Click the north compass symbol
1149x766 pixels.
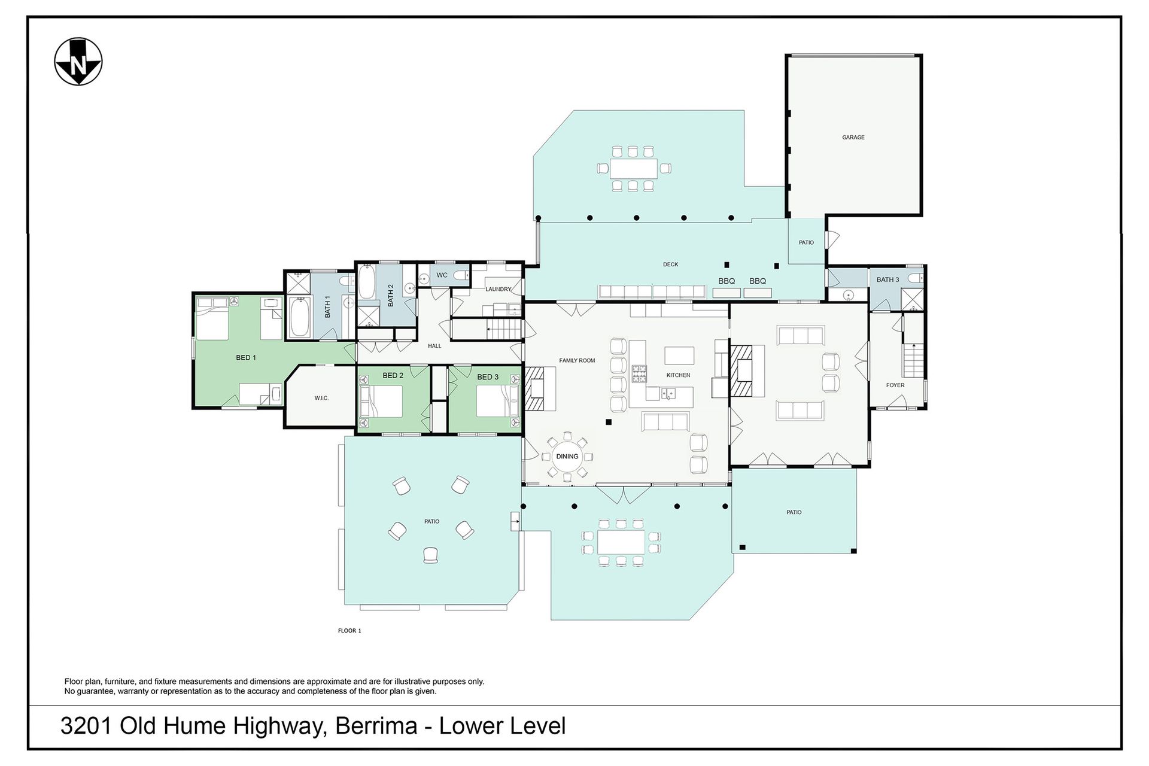[78, 62]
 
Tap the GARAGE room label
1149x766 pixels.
[853, 137]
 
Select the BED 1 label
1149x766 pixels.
[246, 358]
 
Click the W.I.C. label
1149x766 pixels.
[321, 398]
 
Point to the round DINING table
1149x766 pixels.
[567, 457]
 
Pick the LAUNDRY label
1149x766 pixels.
[498, 289]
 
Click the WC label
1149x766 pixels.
[442, 275]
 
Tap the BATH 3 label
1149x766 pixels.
[887, 279]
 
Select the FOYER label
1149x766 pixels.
[895, 385]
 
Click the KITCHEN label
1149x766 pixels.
[679, 375]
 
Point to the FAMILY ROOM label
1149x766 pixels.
[577, 360]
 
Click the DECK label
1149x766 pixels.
[670, 265]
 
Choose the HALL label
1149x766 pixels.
[434, 346]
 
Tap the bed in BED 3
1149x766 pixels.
[497, 401]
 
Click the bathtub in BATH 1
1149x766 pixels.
[299, 317]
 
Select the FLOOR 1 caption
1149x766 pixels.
[349, 631]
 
